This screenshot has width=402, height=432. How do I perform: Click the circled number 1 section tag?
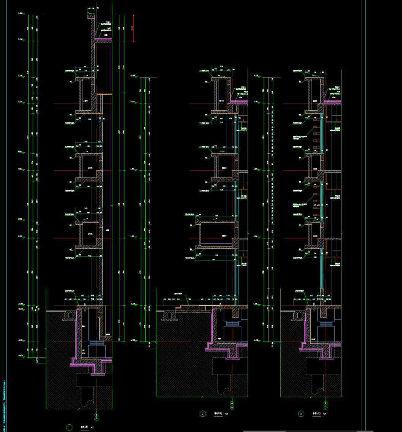tap(69, 427)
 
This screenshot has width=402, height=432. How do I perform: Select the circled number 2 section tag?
tap(203, 414)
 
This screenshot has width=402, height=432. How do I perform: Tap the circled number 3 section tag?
tap(301, 414)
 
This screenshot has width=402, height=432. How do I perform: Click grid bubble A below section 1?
tap(97, 415)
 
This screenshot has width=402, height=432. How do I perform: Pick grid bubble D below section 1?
tap(97, 419)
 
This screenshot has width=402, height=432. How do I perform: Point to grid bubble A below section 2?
tap(232, 403)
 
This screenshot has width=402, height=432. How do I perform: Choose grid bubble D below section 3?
tap(326, 407)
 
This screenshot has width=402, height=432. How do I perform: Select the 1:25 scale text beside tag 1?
tap(92, 427)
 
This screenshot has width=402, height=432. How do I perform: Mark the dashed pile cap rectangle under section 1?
tap(94, 381)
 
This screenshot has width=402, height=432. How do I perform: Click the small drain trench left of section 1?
tap(69, 316)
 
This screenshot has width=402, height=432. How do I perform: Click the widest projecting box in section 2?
tap(217, 234)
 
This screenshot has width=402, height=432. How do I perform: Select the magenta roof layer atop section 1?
tap(103, 39)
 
